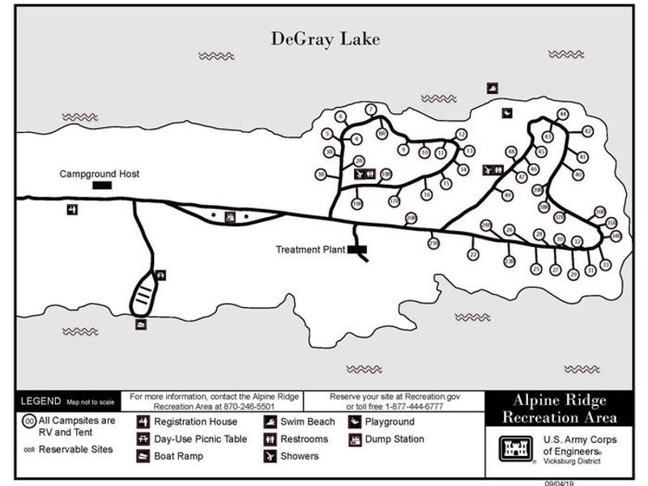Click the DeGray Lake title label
[324, 39]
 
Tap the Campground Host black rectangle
[102, 185]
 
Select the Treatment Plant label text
[311, 249]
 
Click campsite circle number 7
[371, 109]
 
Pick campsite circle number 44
[563, 113]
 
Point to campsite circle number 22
[473, 254]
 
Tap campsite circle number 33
[605, 265]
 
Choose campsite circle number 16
[427, 194]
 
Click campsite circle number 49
[507, 195]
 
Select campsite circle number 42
[588, 131]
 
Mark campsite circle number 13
[469, 151]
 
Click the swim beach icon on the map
[492, 87]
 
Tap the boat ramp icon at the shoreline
[142, 324]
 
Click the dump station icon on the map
[230, 217]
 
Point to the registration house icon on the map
[73, 210]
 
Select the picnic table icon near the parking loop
[160, 275]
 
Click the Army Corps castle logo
[515, 446]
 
